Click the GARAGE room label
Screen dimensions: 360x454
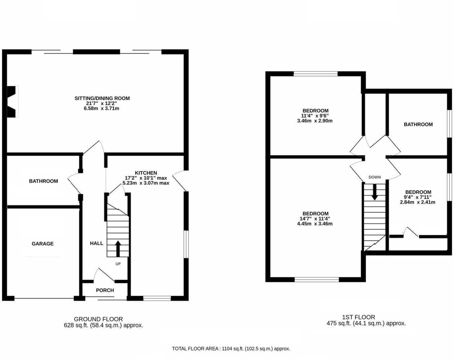coord(42,244)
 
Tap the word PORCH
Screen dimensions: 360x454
coord(105,290)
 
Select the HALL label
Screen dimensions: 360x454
coord(96,244)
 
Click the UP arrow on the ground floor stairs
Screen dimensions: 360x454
coord(118,248)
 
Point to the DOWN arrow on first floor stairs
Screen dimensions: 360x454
coord(375,192)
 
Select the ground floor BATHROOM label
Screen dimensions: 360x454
coord(44,181)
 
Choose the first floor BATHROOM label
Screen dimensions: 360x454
coord(418,124)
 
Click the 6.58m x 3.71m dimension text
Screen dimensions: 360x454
coord(102,109)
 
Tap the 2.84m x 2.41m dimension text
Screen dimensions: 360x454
coord(418,202)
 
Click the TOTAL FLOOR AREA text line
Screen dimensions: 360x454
coord(231,349)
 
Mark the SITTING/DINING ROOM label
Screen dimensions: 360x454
coord(102,98)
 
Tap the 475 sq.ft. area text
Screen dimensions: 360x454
coord(366,323)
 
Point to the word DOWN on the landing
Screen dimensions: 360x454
coord(375,177)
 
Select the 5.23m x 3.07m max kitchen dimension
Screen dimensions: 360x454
coord(146,183)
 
